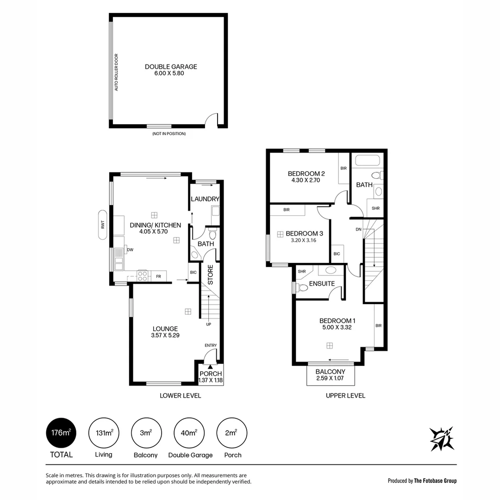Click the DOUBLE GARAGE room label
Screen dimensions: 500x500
pyautogui.click(x=171, y=67)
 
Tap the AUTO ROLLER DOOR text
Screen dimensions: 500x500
pyautogui.click(x=117, y=72)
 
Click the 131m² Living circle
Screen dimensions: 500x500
pyautogui.click(x=104, y=433)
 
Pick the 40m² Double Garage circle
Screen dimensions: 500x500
pyautogui.click(x=189, y=433)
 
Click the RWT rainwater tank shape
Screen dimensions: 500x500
pyautogui.click(x=103, y=225)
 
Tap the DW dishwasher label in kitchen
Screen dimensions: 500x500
pyautogui.click(x=131, y=250)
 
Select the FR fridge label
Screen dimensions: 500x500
pyautogui.click(x=158, y=277)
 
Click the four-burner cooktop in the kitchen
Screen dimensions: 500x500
pyautogui.click(x=143, y=276)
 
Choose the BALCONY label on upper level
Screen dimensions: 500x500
pyautogui.click(x=331, y=372)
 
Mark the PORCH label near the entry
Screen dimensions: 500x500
pyautogui.click(x=211, y=374)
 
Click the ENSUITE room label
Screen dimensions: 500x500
pyautogui.click(x=322, y=283)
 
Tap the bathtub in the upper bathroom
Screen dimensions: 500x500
pyautogui.click(x=367, y=162)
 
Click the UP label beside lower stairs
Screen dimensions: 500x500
pyautogui.click(x=209, y=324)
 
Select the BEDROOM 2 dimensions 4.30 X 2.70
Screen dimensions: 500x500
pyautogui.click(x=306, y=181)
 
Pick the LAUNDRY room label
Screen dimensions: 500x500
pyautogui.click(x=205, y=199)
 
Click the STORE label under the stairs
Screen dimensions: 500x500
pyautogui.click(x=210, y=275)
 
